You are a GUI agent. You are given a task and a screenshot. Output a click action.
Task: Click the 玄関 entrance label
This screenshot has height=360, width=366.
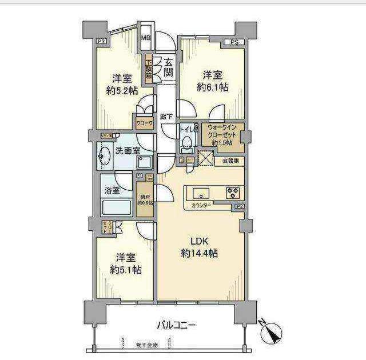click(x=168, y=67)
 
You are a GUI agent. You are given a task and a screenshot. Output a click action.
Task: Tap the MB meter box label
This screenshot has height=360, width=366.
click(x=146, y=38)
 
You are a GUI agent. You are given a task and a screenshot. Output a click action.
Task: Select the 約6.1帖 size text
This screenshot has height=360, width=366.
click(x=213, y=87)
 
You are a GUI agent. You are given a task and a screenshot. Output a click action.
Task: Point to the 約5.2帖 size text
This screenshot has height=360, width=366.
click(x=122, y=90)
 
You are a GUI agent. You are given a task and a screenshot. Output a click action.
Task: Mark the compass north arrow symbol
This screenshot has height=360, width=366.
click(x=269, y=332)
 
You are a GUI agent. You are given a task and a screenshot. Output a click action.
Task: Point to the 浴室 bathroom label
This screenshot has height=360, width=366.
click(x=112, y=190)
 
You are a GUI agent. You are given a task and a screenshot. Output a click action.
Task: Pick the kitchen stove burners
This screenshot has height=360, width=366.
click(x=232, y=191)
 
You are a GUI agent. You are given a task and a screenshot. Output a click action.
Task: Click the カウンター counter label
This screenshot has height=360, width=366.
click(x=201, y=205)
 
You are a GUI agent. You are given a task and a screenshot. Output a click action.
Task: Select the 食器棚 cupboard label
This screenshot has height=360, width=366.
click(x=231, y=162)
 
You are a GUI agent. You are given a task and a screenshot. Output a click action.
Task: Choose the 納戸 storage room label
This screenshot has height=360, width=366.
click(x=144, y=197)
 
